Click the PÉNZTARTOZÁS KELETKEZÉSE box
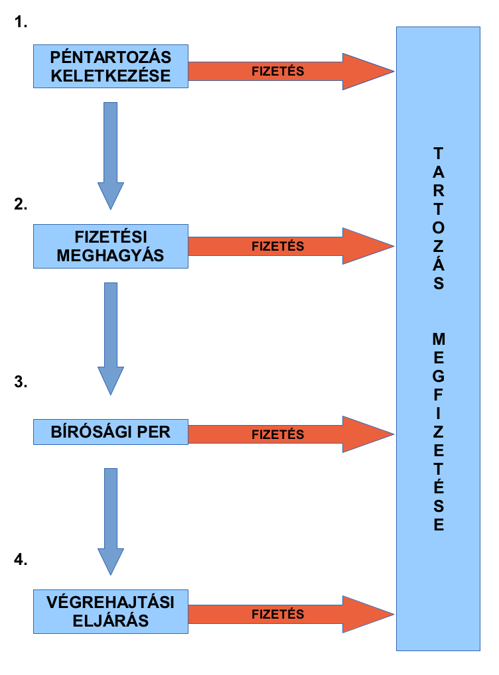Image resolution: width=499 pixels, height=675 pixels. click(110, 66)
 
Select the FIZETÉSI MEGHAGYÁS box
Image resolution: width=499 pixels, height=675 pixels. click(110, 246)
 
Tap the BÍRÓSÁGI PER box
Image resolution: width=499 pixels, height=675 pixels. click(110, 432)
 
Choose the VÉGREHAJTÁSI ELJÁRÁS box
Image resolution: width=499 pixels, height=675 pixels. click(110, 612)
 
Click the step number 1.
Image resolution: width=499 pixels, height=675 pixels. click(21, 23)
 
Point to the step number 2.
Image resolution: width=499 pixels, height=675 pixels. click(21, 204)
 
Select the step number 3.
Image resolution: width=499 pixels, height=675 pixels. click(21, 382)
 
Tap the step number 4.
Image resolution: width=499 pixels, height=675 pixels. click(21, 560)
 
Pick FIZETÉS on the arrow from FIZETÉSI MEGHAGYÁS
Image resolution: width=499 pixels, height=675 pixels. click(277, 247)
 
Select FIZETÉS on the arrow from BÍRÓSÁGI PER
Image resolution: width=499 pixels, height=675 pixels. click(277, 435)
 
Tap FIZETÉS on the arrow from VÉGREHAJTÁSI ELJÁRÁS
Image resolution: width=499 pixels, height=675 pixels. click(277, 615)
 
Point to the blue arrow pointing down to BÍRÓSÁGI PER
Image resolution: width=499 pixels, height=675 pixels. click(111, 338)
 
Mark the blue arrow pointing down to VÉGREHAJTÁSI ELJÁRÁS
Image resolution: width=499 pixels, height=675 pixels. click(111, 521)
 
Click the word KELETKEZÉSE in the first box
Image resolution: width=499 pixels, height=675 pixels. click(110, 76)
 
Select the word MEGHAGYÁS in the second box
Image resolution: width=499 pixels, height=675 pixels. click(110, 255)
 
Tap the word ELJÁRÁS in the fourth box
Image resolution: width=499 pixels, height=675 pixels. click(110, 622)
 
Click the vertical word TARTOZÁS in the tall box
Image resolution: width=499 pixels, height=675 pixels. click(439, 218)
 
